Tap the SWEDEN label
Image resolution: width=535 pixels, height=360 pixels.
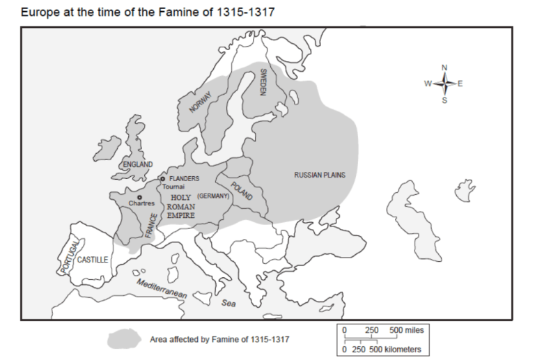coord(263,82)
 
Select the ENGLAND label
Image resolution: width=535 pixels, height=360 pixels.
coord(137,164)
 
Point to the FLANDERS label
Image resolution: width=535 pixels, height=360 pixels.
coord(184,178)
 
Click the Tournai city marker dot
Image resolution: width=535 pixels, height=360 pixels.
coord(163,179)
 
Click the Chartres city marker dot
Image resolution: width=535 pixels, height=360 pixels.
coord(140,196)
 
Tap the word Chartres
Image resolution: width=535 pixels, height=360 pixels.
coord(141,203)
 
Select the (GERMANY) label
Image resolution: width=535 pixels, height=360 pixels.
coord(213,196)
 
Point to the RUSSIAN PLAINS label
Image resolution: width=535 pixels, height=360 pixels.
coord(320,175)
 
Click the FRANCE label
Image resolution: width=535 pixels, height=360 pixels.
coord(152,226)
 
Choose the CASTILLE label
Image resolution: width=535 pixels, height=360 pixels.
coord(92,259)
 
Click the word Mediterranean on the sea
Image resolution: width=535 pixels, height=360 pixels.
coord(162,289)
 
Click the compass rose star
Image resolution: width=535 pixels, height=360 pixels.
coord(445,84)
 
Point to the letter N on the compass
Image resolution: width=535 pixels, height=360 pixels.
coord(445,68)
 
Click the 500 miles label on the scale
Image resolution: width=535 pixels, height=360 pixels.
coord(406,329)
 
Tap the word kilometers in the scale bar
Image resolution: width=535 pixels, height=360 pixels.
coord(400,349)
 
